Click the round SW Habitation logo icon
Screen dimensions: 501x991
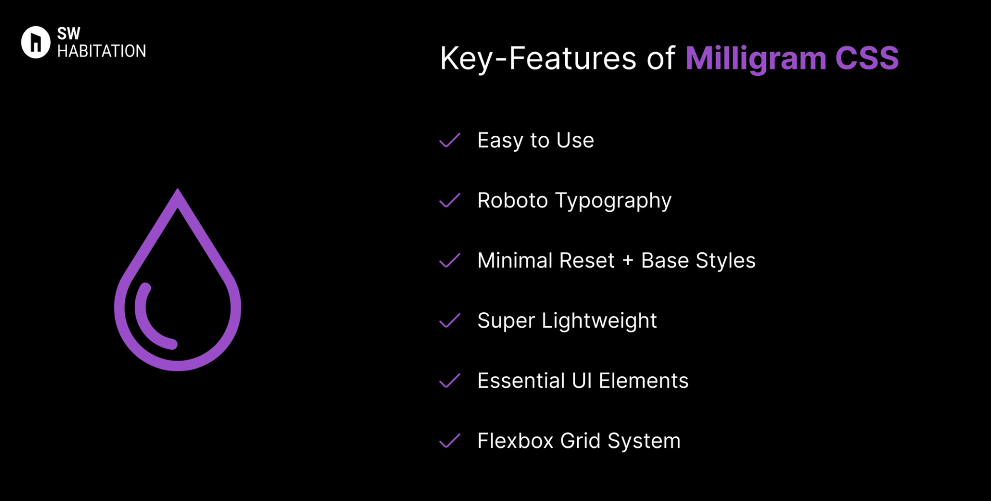[36, 42]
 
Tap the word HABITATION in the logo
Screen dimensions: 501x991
[102, 51]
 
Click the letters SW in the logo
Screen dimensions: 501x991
[69, 34]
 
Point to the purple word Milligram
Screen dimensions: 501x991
[756, 59]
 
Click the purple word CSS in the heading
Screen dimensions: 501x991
[867, 58]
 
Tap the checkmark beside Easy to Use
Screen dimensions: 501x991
[450, 140]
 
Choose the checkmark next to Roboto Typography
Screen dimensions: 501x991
[450, 201]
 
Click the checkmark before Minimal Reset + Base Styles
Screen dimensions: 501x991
[450, 261]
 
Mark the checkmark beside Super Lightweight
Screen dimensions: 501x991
[450, 321]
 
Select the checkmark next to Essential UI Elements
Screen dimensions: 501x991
[450, 381]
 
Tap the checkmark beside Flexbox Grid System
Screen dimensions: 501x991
[450, 441]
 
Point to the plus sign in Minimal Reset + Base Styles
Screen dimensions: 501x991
[628, 261]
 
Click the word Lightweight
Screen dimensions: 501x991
[599, 321]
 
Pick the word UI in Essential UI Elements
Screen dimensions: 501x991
[582, 381]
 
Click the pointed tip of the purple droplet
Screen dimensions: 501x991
[178, 192]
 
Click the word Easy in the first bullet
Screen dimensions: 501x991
[500, 141]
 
